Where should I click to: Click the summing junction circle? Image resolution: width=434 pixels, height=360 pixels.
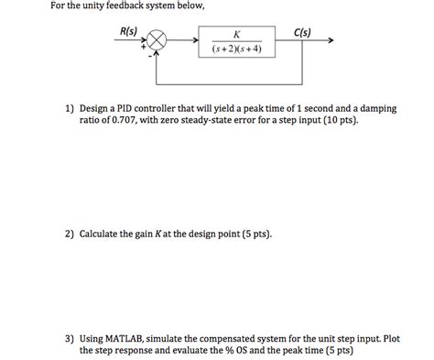point(157,41)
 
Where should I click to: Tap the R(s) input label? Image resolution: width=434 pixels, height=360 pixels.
point(129,32)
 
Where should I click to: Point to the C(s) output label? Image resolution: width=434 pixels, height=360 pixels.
point(302,32)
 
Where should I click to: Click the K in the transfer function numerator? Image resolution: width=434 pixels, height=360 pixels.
point(236,33)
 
